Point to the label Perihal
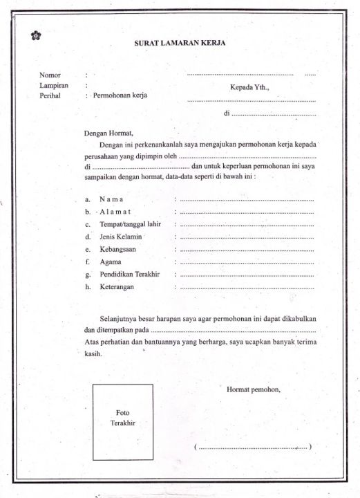coord(51,95)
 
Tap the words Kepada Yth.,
coord(250,88)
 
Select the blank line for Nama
coord(247,200)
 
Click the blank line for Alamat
coord(247,212)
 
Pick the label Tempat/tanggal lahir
coord(130,225)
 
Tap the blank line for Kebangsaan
coord(247,250)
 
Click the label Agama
coord(110,262)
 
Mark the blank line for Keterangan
coord(247,287)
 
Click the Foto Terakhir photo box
coord(123,422)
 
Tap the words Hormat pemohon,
coord(254,390)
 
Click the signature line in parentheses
coord(253,448)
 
